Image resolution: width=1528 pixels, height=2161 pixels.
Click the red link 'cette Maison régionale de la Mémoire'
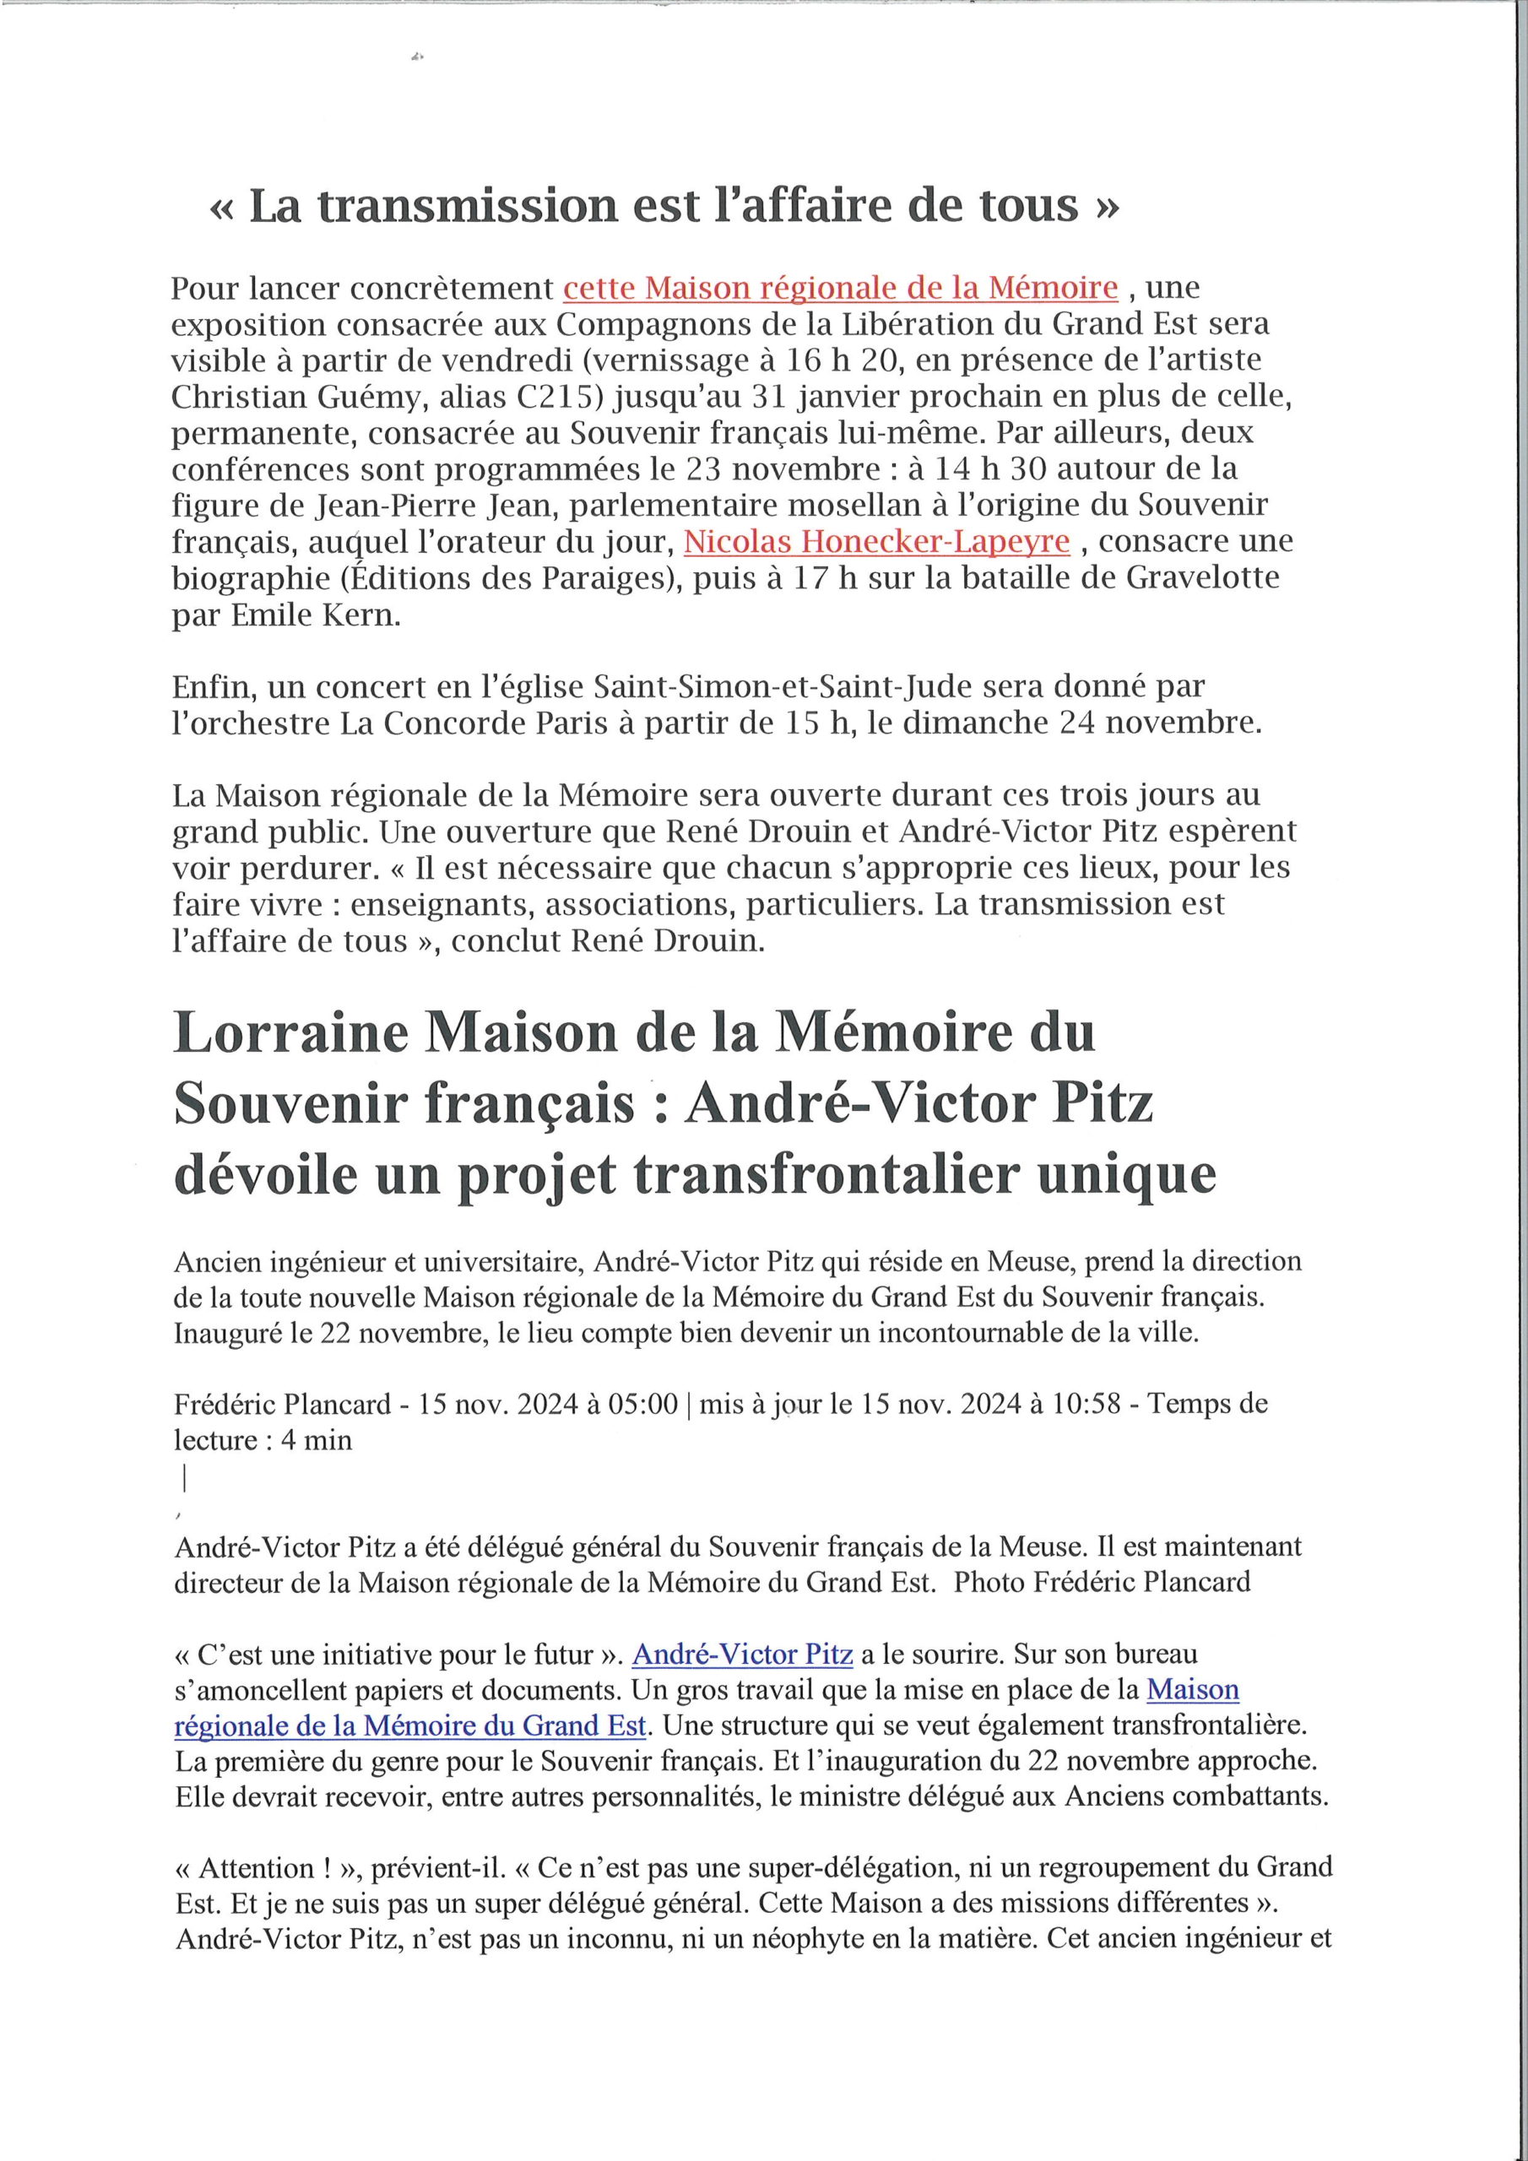click(x=841, y=288)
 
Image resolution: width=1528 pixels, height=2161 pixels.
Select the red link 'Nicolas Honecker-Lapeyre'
click(x=876, y=542)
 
